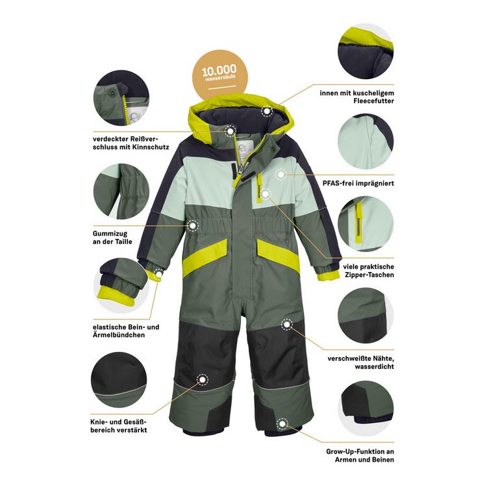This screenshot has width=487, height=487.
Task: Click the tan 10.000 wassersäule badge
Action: click(x=219, y=75)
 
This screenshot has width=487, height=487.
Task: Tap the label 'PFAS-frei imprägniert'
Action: click(x=358, y=183)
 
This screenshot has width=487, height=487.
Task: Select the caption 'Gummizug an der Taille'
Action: click(x=112, y=238)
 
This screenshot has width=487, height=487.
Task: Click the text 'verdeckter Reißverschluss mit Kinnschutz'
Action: click(x=131, y=143)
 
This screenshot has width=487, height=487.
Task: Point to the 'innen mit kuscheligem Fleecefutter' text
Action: click(x=356, y=97)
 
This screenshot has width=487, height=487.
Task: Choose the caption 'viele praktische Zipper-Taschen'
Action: click(x=368, y=271)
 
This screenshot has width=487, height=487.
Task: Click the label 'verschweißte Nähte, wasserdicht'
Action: click(x=360, y=362)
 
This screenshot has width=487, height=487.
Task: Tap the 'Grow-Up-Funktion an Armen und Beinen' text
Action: click(x=360, y=456)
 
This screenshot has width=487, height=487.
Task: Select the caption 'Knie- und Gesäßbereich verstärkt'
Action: click(x=119, y=426)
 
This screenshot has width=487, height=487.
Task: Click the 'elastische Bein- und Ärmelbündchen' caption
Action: click(x=126, y=331)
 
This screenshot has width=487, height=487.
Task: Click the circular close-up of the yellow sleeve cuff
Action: click(x=121, y=286)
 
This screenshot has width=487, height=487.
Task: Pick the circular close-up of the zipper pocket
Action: click(x=366, y=224)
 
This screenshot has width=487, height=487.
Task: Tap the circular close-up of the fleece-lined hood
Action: click(x=366, y=51)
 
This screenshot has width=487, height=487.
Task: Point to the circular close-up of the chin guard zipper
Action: click(x=121, y=98)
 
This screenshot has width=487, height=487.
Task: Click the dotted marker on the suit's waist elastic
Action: click(x=193, y=225)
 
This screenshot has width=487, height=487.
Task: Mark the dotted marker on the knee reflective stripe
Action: click(x=203, y=380)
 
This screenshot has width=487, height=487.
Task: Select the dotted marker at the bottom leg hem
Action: click(x=282, y=423)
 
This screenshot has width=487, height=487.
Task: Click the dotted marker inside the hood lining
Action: click(x=267, y=111)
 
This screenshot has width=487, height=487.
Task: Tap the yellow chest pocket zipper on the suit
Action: click(x=258, y=188)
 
